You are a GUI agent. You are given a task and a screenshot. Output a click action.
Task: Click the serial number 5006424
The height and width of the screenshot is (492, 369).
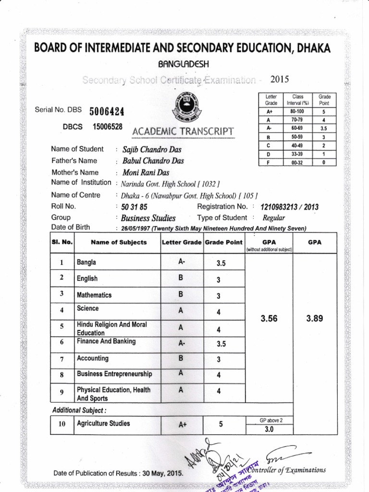[107, 111]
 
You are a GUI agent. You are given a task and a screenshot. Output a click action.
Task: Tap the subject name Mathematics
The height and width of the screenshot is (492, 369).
[94, 295]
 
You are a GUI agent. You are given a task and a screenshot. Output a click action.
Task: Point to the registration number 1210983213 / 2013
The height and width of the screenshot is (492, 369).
[289, 207]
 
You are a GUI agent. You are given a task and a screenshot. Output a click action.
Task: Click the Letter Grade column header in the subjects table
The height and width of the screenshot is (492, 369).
[182, 242]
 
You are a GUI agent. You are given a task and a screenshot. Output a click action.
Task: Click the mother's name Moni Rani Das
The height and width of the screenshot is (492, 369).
[146, 172]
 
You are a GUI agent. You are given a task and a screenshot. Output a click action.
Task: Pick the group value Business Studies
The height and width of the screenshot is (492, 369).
[149, 218]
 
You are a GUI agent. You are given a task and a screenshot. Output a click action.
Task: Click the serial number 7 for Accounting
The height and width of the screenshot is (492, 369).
[62, 359]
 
